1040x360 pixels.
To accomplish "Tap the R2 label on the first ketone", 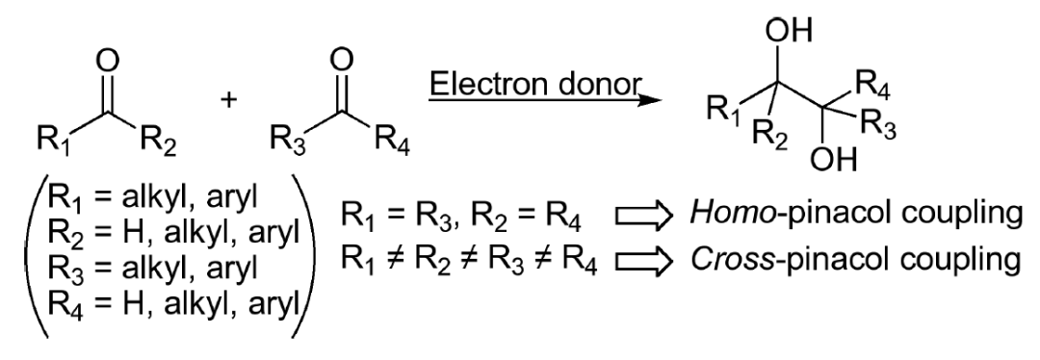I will click(x=158, y=147).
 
